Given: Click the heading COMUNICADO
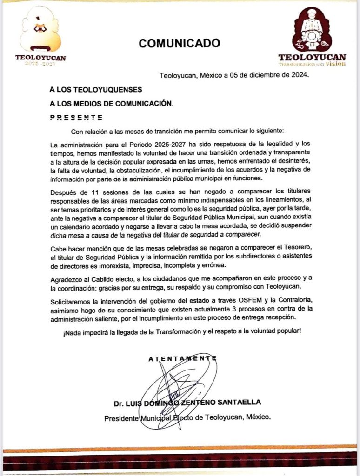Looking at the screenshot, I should [x=180, y=43].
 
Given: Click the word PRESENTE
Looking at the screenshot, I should [x=76, y=117].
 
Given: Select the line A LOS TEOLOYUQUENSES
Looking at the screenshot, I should [x=96, y=89].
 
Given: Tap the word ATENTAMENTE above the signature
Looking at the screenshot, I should [x=182, y=358].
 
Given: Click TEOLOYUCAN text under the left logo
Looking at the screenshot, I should [x=41, y=58].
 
